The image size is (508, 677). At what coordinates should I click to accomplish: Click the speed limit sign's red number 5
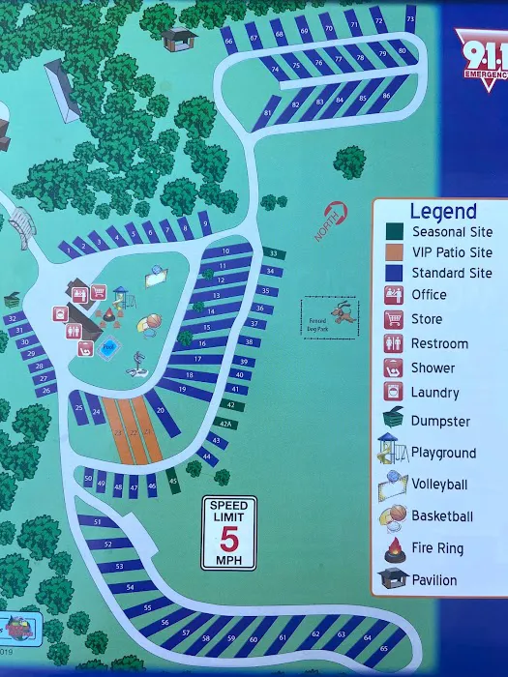point(228,537)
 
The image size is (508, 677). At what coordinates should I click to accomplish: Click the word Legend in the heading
point(443,211)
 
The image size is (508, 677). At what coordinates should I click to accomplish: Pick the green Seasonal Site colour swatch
point(395,232)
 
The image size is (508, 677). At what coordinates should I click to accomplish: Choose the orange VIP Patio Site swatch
point(395,252)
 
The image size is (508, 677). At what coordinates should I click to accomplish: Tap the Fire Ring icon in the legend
point(394,548)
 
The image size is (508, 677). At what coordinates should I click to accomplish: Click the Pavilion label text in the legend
point(434,580)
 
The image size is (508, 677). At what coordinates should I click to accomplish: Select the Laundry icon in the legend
point(394,393)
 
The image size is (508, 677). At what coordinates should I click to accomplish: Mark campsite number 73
point(410,19)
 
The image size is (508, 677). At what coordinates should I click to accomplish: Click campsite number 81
point(267,113)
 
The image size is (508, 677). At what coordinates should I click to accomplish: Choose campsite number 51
point(98,522)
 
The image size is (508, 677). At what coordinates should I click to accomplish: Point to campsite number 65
point(383,647)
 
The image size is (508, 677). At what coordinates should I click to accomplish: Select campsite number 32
point(12,318)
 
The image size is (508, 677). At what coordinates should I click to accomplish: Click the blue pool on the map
point(108,346)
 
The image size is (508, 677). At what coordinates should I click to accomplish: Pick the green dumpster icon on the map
point(13,299)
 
